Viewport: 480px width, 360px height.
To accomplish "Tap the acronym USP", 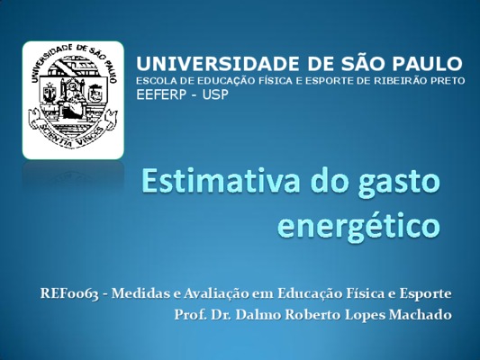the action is click(x=215, y=94).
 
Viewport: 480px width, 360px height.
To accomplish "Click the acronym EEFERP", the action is click(x=161, y=94).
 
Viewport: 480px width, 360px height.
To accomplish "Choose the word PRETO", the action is click(x=448, y=81).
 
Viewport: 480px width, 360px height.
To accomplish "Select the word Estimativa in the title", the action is click(x=221, y=181).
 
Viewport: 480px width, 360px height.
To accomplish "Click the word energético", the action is click(x=358, y=227).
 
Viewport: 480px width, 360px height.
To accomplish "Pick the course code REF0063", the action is click(x=70, y=294).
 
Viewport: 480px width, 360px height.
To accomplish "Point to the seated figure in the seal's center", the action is click(x=72, y=98).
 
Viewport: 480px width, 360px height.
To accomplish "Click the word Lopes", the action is click(x=364, y=316).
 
